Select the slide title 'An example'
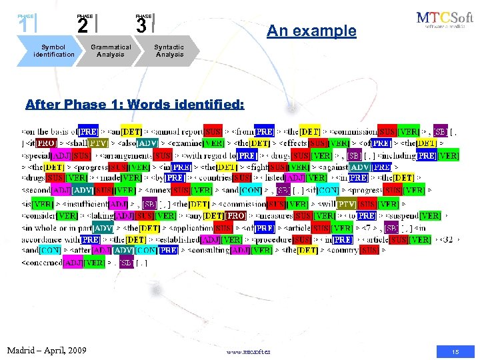(311, 31)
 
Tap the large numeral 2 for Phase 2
(82, 25)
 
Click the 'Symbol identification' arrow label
(54, 51)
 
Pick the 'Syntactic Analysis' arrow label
(169, 51)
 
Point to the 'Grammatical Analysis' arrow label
(111, 51)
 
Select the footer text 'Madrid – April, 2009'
(47, 350)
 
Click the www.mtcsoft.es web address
(249, 351)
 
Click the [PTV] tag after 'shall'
(99, 143)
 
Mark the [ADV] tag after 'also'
(148, 143)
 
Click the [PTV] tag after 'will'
(347, 203)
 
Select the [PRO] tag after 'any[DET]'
(235, 215)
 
